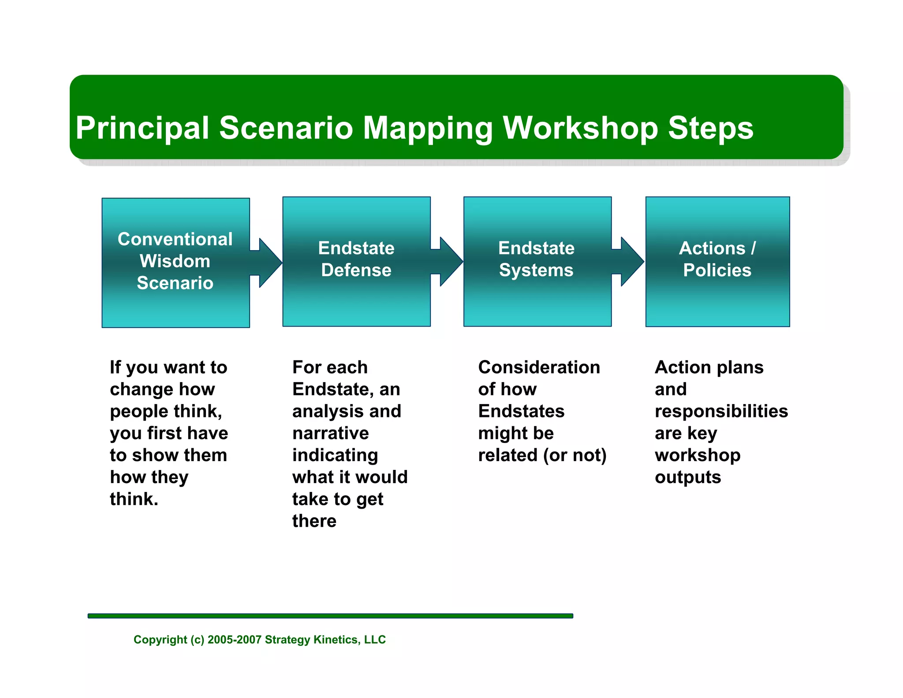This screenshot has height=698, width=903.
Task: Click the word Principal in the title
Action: tap(142, 128)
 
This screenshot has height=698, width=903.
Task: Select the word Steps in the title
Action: tap(710, 128)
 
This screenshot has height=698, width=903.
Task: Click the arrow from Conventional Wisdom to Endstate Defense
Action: tap(267, 263)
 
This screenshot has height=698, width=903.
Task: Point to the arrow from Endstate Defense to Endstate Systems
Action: tap(448, 262)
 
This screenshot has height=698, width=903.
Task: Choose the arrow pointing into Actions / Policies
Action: tap(629, 262)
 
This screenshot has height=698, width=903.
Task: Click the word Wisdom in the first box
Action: tap(175, 261)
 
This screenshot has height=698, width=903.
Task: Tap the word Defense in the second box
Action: tap(356, 270)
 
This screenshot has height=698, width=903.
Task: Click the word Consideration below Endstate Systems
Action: tap(539, 367)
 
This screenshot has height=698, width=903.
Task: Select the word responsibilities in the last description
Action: tap(721, 411)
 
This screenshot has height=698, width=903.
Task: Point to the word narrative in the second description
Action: tap(330, 433)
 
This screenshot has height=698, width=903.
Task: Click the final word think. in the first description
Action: tap(134, 499)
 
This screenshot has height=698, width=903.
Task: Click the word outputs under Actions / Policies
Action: tap(687, 477)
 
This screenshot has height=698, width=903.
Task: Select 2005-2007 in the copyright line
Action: tap(234, 640)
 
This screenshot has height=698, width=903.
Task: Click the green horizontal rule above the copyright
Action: tap(330, 615)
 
